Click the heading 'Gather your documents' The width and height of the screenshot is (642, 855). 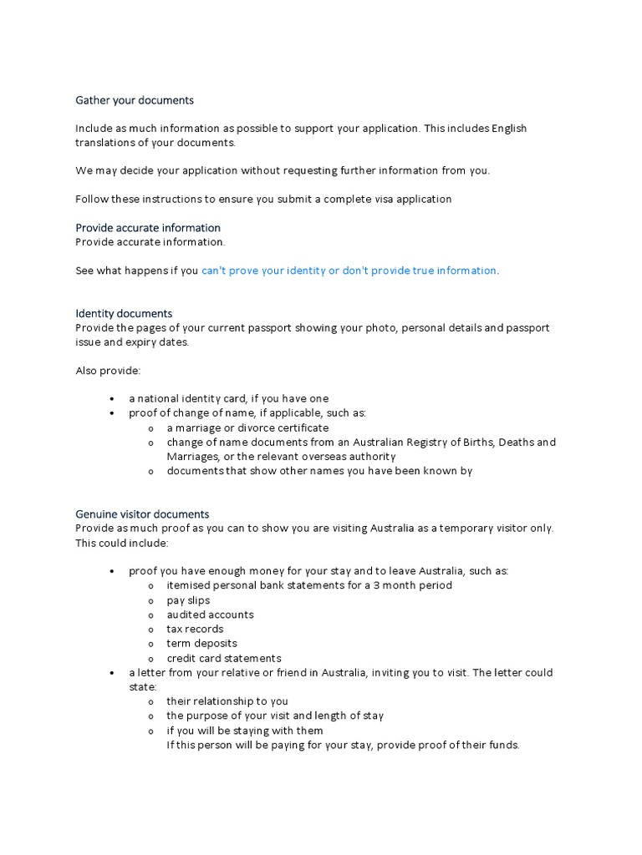pos(134,100)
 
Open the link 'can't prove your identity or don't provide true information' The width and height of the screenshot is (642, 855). pos(349,271)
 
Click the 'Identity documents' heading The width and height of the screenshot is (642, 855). pos(124,314)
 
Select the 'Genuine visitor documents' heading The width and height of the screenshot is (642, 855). pos(142,514)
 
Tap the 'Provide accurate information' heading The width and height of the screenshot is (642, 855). pos(148,228)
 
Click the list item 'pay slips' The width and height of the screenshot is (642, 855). pos(188,600)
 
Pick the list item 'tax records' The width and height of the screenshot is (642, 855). pos(195,629)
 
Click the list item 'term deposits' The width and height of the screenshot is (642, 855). pos(201,644)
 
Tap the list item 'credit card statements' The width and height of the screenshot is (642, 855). pos(223,658)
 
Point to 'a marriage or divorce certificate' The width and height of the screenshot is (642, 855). pos(247,428)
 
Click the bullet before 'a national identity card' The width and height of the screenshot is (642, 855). pos(112,399)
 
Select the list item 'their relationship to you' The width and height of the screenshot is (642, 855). pos(227,701)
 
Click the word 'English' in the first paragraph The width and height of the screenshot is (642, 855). pos(509,129)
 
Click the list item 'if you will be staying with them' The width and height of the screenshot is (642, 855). pos(245,731)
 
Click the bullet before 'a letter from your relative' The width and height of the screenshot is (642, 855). pos(112,673)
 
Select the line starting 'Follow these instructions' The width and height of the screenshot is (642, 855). pos(263,200)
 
